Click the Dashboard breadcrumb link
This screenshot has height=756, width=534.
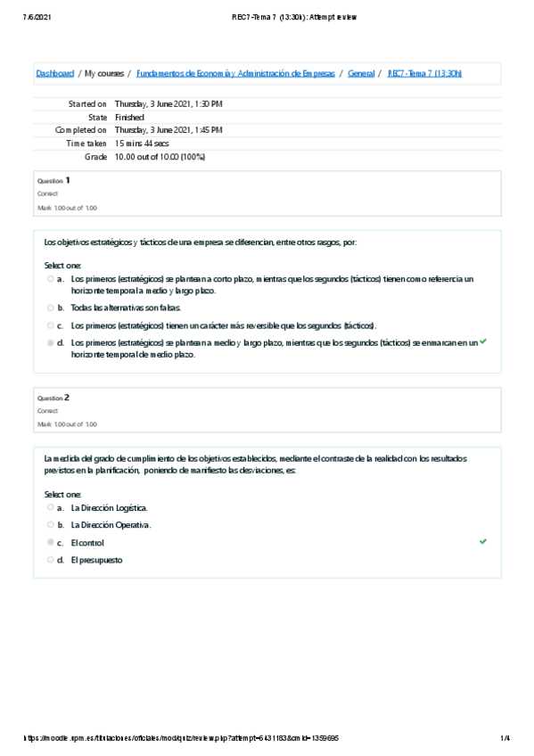coord(54,73)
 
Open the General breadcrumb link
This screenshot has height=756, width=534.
coord(361,73)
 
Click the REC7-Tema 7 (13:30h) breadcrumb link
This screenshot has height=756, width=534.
coord(424,73)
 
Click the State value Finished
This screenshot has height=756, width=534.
coord(129,118)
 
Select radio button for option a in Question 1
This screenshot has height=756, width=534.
coord(51,279)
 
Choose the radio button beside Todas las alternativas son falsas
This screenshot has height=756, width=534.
coord(51,308)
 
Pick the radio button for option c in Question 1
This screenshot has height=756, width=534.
coord(51,325)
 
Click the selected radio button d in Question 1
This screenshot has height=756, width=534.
coord(51,342)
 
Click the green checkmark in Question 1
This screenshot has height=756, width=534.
coord(483,341)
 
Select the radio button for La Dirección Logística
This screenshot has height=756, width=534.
coord(51,507)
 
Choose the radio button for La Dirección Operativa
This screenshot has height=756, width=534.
coord(51,525)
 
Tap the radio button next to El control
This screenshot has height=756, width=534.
coord(51,542)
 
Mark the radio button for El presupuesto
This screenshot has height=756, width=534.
coord(51,560)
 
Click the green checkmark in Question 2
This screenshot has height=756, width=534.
coord(483,541)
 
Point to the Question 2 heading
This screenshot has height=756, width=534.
coord(53,398)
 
